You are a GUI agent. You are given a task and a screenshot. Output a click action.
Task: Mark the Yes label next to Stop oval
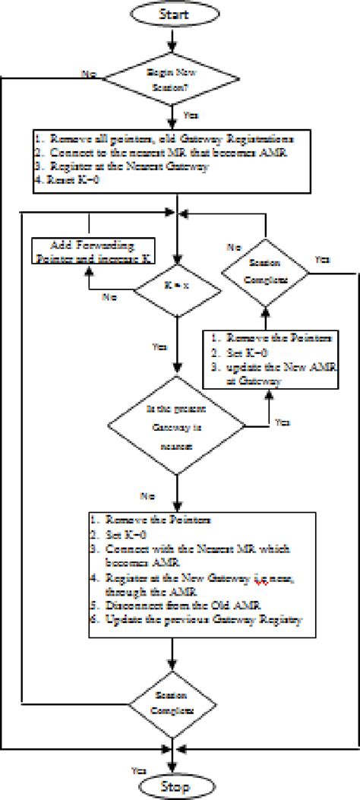(x=140, y=769)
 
